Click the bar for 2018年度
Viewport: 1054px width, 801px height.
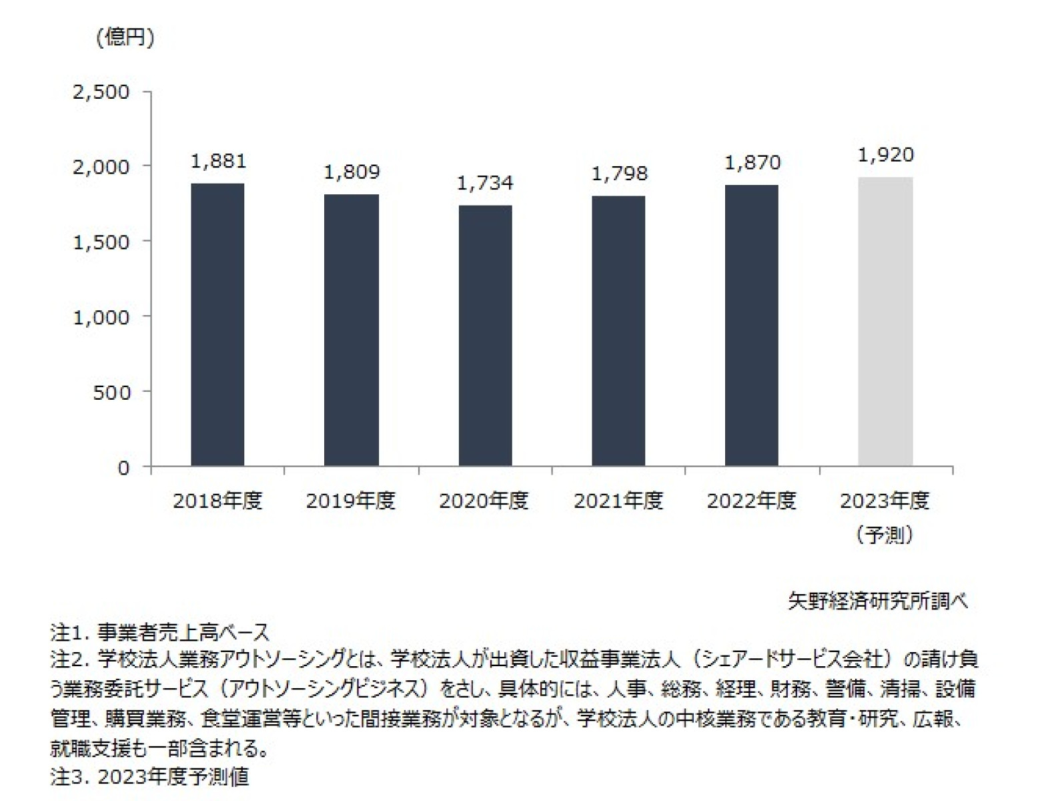(217, 324)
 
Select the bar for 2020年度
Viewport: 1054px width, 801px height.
(485, 335)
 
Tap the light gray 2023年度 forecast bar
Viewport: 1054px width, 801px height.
(885, 321)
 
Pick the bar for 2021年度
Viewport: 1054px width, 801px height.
(618, 330)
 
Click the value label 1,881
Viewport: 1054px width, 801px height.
(218, 161)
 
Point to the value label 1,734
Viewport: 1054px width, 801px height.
(485, 183)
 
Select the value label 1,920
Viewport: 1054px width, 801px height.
(885, 155)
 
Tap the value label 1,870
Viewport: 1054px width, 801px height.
(752, 162)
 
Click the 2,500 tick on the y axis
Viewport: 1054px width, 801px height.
(101, 91)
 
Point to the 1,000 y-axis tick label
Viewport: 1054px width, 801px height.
(101, 316)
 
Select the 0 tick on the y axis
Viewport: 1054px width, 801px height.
(123, 467)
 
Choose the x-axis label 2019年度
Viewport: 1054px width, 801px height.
(351, 501)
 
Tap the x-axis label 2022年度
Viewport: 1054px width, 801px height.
(752, 501)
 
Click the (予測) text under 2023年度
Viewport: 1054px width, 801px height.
(885, 535)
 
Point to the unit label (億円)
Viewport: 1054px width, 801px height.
(125, 37)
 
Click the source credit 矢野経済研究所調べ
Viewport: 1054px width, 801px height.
(877, 601)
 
